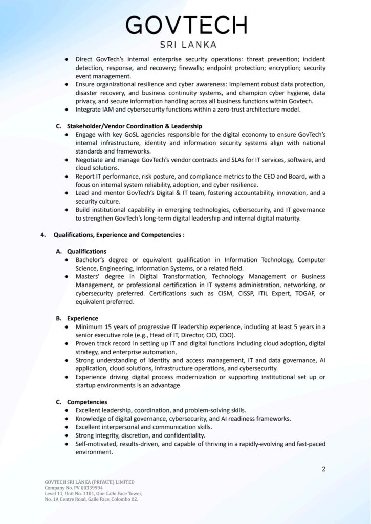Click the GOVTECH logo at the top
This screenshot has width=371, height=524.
tap(186, 25)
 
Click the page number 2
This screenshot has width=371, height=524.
tap(323, 469)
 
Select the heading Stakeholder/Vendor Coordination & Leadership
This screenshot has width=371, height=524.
tap(135, 126)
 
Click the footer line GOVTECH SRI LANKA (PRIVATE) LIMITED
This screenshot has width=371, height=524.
tap(90, 482)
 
